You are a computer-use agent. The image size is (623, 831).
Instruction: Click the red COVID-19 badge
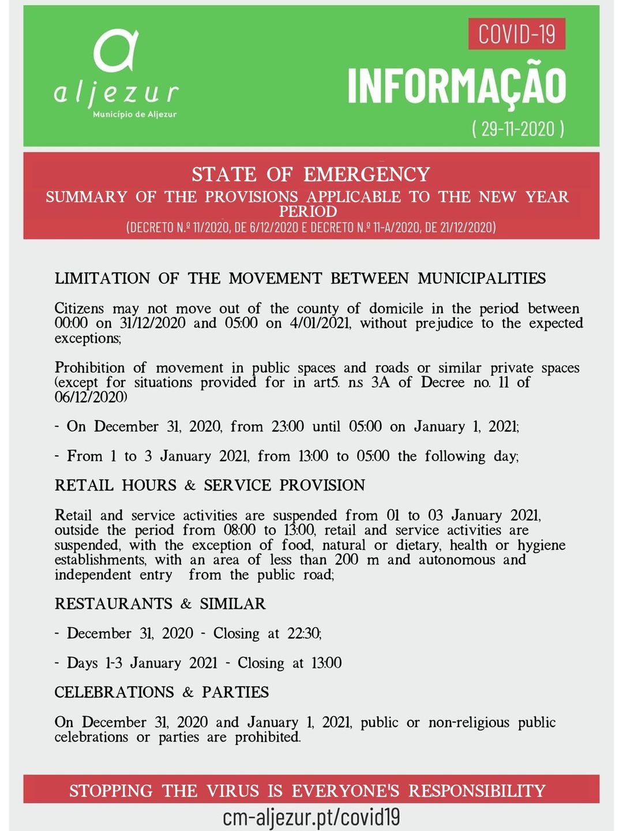tap(516, 33)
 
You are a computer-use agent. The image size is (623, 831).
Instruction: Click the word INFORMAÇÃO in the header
tap(457, 87)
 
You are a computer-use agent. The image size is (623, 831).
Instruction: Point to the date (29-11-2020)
tap(517, 128)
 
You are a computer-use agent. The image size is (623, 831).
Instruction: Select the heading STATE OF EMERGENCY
tap(311, 174)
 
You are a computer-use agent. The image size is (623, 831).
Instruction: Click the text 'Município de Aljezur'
tap(134, 114)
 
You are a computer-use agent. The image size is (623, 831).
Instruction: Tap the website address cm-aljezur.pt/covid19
tap(311, 817)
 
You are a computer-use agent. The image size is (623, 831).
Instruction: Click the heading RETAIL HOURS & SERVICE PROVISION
tap(210, 485)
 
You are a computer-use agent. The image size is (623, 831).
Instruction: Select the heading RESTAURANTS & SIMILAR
tap(160, 604)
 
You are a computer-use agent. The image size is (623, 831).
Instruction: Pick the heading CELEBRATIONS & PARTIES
tap(162, 692)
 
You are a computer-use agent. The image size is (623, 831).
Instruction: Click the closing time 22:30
tap(304, 633)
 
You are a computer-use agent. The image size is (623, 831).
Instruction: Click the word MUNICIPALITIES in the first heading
tap(482, 278)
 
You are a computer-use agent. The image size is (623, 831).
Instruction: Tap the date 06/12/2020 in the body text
tap(91, 397)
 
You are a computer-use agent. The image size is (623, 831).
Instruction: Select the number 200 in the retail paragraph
tap(346, 560)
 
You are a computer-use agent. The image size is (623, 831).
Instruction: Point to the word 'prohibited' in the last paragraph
tap(268, 737)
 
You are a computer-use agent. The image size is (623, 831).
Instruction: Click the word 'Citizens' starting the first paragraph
tap(79, 308)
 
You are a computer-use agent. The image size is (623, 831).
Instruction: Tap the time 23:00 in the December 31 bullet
tap(287, 426)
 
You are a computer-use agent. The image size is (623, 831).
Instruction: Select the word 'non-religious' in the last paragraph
tap(468, 723)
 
